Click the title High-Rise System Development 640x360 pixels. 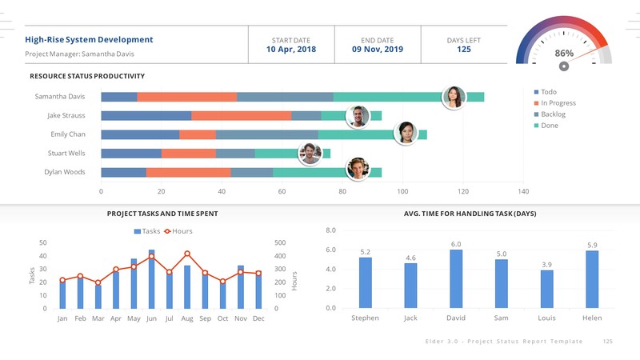(89, 39)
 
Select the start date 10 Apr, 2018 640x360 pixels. (291, 50)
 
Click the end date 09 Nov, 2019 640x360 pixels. (377, 50)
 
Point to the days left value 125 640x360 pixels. (463, 50)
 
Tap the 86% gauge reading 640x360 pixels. (564, 53)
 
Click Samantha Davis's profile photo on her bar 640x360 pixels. (454, 97)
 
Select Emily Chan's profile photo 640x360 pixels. (406, 133)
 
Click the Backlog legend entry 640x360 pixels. (553, 114)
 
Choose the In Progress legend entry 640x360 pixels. (558, 103)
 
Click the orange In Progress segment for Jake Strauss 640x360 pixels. (241, 116)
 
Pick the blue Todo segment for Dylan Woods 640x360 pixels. (123, 172)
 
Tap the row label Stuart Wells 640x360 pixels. (66, 153)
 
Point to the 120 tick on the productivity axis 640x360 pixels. (463, 192)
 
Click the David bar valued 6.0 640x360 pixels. (456, 278)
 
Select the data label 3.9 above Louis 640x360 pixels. (546, 264)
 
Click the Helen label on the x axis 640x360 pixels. (592, 318)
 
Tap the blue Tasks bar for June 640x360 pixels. (151, 280)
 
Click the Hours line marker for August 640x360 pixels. (187, 254)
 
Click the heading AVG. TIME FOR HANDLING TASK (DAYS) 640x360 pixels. (470, 214)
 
